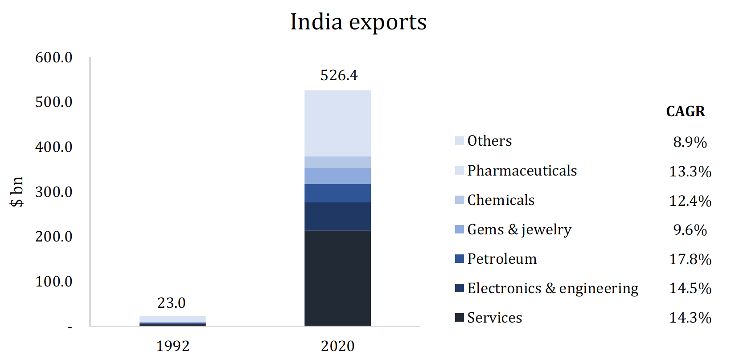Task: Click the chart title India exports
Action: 358,22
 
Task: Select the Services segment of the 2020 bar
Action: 337,278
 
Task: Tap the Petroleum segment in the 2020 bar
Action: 337,193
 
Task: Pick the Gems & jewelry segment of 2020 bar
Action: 337,176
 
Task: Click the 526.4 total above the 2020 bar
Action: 339,75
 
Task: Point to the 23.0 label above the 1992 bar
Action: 171,303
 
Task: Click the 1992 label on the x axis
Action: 172,346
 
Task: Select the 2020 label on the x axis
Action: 337,346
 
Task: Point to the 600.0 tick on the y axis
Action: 53,57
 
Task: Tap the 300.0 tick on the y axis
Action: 53,192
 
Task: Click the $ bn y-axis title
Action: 17,192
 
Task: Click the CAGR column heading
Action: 685,111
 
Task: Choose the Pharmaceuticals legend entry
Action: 522,171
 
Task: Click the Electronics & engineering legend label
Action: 553,288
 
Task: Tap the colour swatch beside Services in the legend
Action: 459,318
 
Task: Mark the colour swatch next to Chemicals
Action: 459,200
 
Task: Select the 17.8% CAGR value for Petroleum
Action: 690,259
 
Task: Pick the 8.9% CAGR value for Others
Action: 690,142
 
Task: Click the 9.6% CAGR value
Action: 690,230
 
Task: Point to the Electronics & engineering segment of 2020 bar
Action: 337,217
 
